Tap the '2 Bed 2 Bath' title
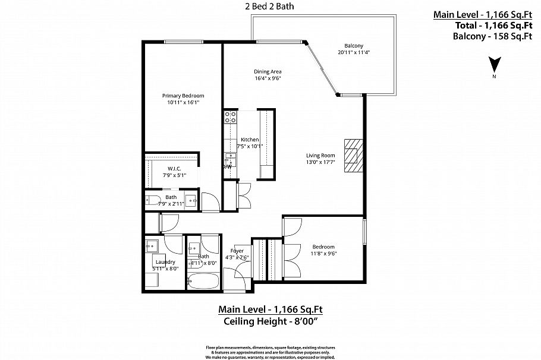click(x=270, y=7)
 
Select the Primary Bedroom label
click(x=183, y=96)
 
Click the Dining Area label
click(x=268, y=71)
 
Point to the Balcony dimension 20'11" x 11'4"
click(x=354, y=52)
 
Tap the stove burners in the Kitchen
click(x=229, y=117)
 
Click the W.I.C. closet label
click(x=174, y=169)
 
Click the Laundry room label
click(x=165, y=261)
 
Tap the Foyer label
click(x=238, y=251)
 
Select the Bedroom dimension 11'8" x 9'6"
click(x=323, y=253)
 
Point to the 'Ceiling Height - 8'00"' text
click(x=270, y=321)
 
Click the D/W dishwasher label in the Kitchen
click(x=228, y=167)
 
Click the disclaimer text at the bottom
click(x=270, y=352)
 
